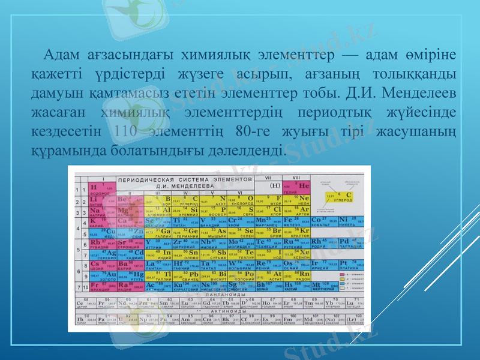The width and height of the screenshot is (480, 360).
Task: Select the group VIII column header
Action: [x=296, y=178]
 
